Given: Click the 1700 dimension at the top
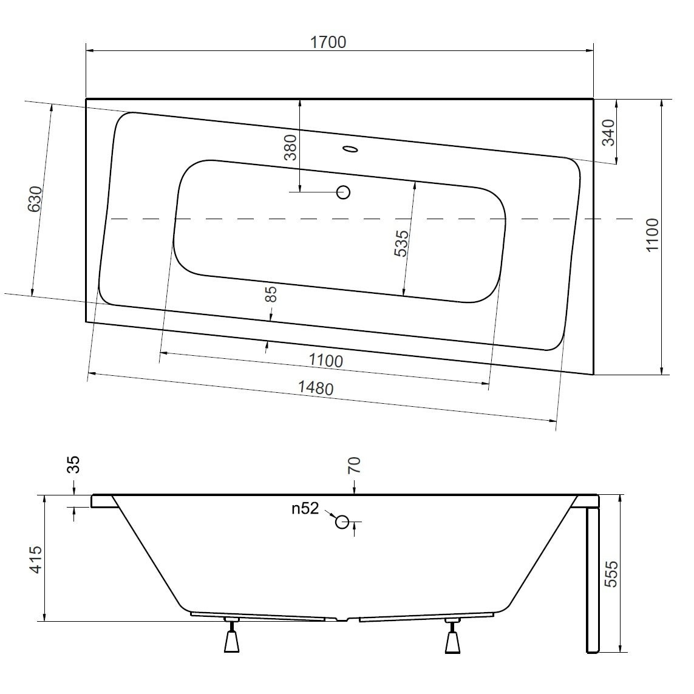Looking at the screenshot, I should coord(328,42).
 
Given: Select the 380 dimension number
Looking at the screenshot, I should coord(291,147).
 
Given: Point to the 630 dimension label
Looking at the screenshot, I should coord(35,199).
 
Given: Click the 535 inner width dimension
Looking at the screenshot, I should coord(401,243).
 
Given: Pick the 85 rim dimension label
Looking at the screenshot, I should coord(271,294).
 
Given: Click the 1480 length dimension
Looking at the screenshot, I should coord(316,388).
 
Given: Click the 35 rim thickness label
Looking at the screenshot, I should coord(73,465).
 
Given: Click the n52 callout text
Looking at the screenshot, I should coord(305,509).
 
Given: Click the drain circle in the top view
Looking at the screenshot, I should coord(344,192).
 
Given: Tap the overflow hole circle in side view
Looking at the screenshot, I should coord(342,522).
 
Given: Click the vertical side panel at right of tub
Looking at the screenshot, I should coord(593,580).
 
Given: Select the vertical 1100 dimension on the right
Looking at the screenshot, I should coord(651,236).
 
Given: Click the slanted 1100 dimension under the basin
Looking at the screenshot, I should coord(325,361).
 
